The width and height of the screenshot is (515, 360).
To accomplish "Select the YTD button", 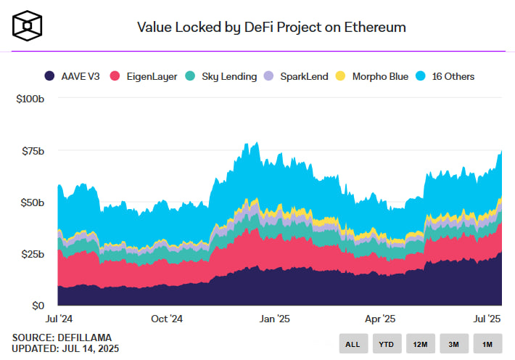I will [387, 343].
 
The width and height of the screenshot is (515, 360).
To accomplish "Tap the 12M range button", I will [421, 343].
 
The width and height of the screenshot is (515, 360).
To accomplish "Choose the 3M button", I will [454, 343].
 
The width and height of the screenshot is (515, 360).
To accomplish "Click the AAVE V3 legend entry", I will [72, 75].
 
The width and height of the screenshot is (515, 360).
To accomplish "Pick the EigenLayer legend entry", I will [144, 75].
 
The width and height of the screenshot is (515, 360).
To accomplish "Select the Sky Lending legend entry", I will [222, 75].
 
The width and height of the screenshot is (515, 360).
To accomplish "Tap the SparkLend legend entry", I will [297, 75].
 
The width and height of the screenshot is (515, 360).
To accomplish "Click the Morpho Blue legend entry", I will [374, 75].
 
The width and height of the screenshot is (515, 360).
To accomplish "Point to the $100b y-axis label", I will [30, 99].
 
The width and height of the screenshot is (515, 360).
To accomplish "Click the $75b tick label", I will [33, 151].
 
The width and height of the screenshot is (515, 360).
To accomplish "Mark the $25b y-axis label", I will [33, 254].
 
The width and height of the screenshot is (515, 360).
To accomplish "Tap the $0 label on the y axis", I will [37, 306].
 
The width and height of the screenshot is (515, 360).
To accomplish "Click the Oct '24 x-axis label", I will [168, 319].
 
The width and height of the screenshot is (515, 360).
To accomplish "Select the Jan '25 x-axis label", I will [276, 319].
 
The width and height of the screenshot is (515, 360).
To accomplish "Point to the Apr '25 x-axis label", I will [379, 319].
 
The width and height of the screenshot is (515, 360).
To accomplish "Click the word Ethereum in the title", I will [374, 27].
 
